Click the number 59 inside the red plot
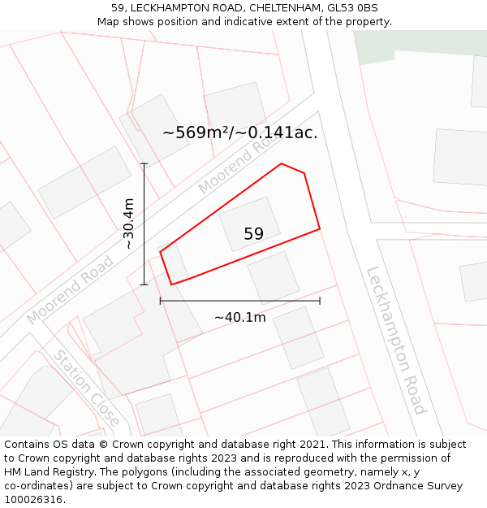click(x=253, y=234)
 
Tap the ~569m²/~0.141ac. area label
click(x=240, y=132)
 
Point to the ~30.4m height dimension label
click(x=128, y=224)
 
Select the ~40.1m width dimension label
click(x=239, y=317)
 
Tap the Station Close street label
click(x=87, y=388)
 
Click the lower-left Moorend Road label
click(x=71, y=289)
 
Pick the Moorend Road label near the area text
click(x=232, y=167)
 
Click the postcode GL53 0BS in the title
click(x=351, y=8)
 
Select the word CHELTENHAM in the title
click(x=272, y=8)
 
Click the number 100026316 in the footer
click(x=33, y=500)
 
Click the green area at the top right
click(x=422, y=45)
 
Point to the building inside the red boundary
click(x=249, y=221)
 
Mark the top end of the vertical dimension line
click(x=144, y=164)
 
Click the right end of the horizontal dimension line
click(x=320, y=301)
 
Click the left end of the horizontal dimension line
click(x=161, y=301)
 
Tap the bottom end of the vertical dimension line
click(x=144, y=284)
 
